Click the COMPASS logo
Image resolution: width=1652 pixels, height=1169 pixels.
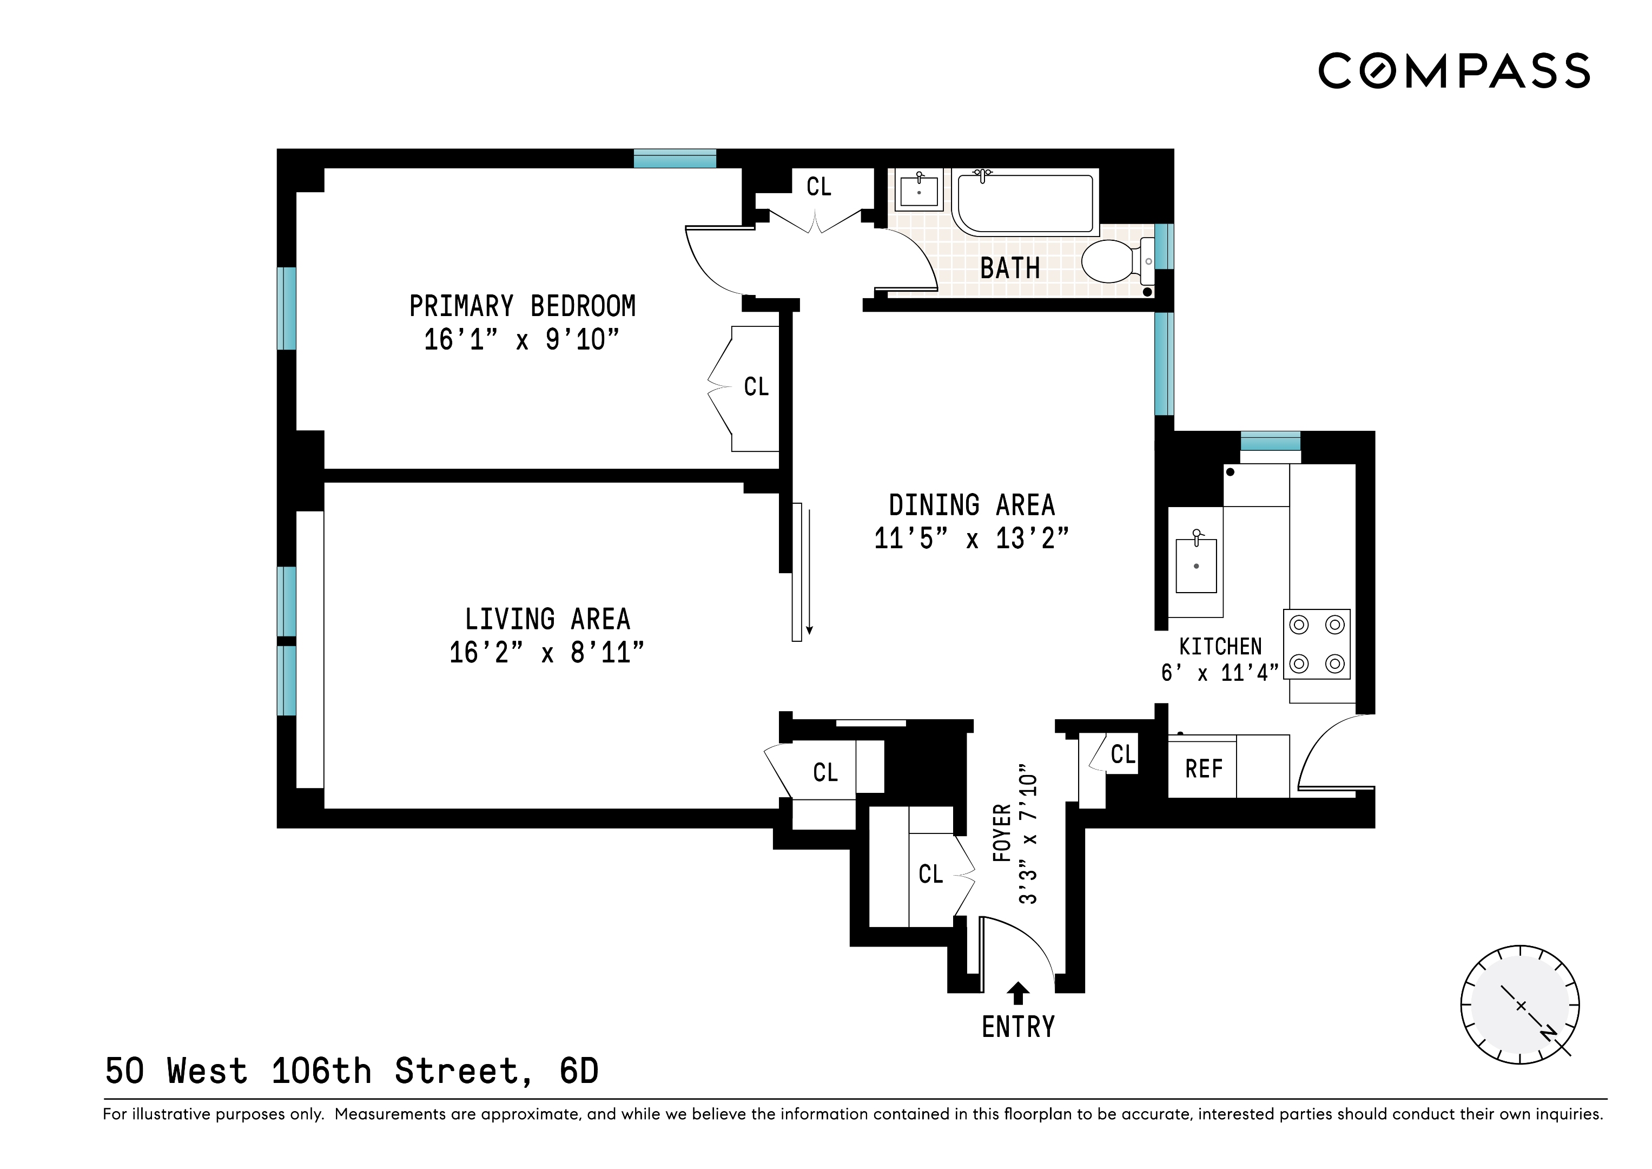[x=1453, y=70]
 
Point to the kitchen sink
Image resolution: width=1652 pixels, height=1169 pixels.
[x=1196, y=565]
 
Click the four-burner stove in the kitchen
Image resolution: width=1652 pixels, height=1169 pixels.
[x=1317, y=644]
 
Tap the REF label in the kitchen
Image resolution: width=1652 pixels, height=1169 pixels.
[x=1204, y=769]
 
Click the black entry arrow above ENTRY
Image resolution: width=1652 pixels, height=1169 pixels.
[x=1017, y=993]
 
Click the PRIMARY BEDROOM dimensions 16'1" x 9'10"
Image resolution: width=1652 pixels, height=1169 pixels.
[x=521, y=339]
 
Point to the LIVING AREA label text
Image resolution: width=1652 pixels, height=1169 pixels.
[x=547, y=619]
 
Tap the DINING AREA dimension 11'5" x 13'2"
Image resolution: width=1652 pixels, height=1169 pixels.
[x=972, y=538]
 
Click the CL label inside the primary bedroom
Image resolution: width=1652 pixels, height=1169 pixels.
[x=756, y=386]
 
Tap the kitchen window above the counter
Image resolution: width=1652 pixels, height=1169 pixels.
[x=1270, y=440]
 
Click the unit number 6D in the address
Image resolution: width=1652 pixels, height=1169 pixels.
[x=579, y=1071]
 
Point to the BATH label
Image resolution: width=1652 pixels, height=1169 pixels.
[x=1009, y=268]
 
